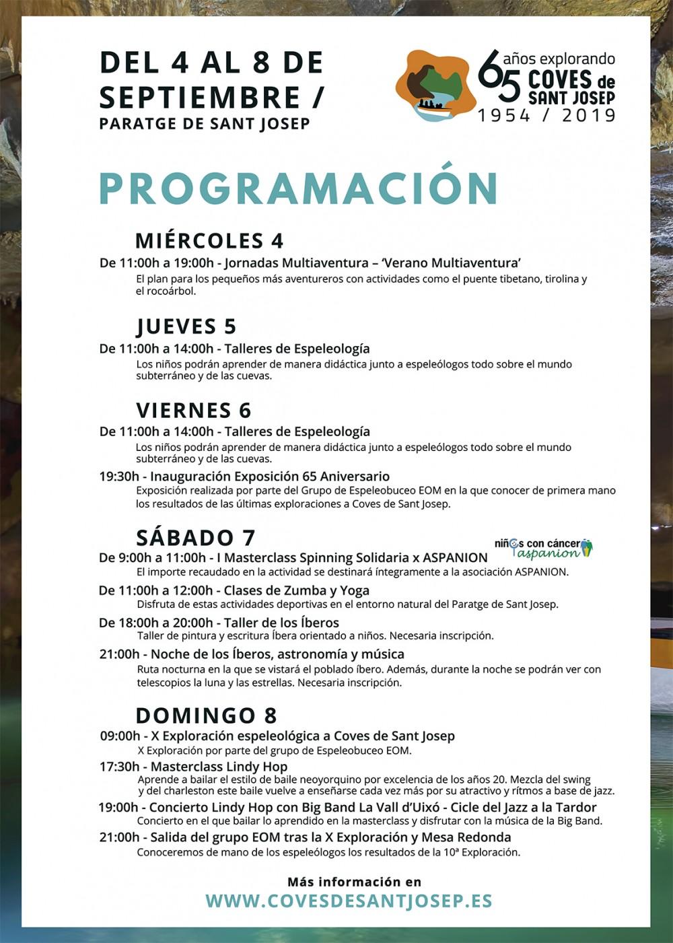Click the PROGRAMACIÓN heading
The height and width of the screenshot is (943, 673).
298,188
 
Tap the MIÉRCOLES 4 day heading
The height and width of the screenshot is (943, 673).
209,240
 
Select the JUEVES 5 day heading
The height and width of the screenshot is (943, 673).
186,326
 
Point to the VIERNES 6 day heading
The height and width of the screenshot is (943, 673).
193,410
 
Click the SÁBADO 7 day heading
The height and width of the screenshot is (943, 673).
195,537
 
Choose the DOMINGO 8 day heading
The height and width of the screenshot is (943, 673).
206,715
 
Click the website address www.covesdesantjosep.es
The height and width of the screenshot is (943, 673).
349,901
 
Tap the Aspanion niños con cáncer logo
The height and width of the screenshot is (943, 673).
543,548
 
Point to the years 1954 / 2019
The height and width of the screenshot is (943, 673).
547,116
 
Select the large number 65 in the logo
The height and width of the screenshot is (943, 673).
499,75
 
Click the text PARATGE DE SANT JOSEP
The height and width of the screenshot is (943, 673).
205,124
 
